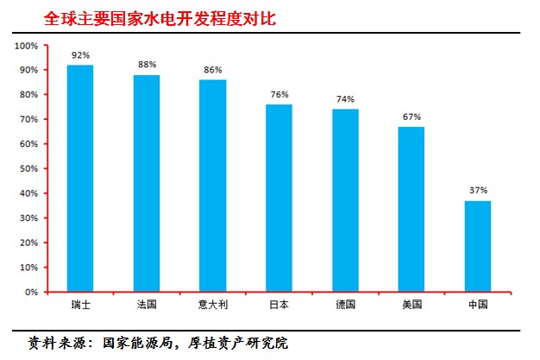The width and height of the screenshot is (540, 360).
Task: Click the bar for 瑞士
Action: coord(80,178)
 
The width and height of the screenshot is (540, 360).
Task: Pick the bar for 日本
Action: coord(279,198)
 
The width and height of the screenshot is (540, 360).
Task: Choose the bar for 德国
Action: coord(345,200)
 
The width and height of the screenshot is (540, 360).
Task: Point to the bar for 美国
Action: coord(411,209)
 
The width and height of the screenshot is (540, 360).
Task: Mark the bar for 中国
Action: coord(478,246)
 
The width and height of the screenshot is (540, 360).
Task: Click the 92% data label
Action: coord(80,55)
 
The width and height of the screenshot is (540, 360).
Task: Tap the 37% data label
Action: coord(478,191)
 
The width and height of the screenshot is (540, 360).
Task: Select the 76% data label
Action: coord(279,95)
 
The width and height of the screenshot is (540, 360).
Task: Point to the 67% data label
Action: coord(411,117)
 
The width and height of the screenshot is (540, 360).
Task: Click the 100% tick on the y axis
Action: coord(27,45)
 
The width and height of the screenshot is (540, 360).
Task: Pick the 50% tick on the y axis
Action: coord(28,168)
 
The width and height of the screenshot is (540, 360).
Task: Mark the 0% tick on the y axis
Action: coord(31,292)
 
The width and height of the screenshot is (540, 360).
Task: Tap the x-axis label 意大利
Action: coord(213,305)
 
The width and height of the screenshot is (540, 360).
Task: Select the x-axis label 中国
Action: coord(478,305)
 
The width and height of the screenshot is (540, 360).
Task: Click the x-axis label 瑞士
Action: coord(80,305)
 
